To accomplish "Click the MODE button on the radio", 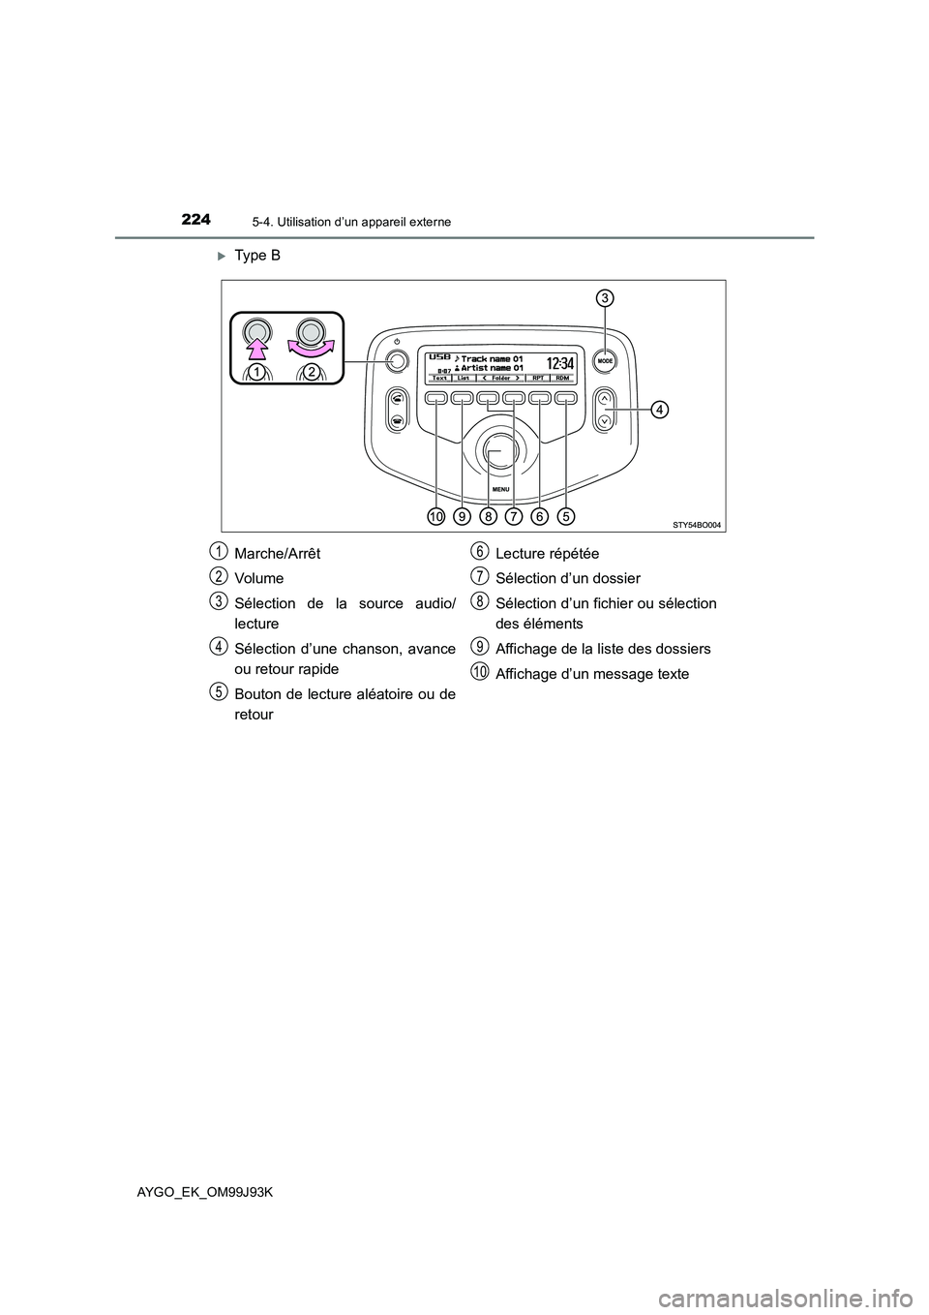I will [605, 359].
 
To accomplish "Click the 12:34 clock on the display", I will [561, 363].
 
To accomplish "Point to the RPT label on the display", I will [541, 378].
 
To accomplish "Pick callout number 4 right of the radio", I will [658, 411].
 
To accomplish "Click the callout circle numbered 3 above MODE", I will [604, 297].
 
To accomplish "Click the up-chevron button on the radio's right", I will [604, 397].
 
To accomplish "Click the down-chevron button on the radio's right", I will [604, 420].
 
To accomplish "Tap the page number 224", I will [195, 220].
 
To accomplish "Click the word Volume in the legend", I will [258, 578].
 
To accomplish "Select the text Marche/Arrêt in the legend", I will [276, 553].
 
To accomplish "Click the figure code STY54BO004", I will [697, 524].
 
